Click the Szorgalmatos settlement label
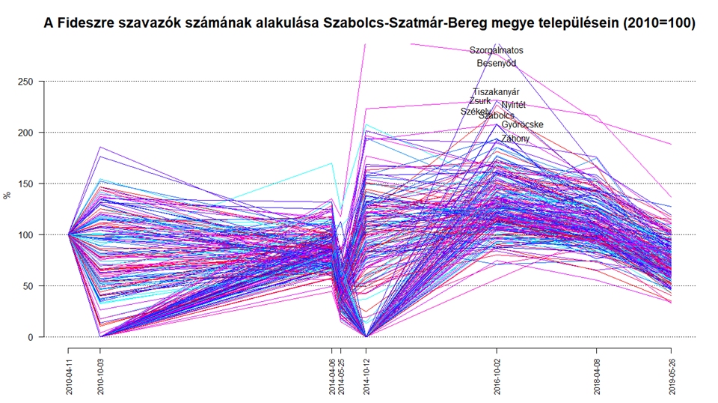tap(496, 50)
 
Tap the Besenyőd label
tap(496, 64)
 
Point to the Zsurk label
tap(480, 101)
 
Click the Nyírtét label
tap(513, 105)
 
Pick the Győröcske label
tap(522, 124)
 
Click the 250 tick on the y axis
tap(27, 81)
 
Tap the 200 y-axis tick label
tap(27, 133)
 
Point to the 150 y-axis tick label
tap(27, 184)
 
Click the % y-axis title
tap(7, 196)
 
